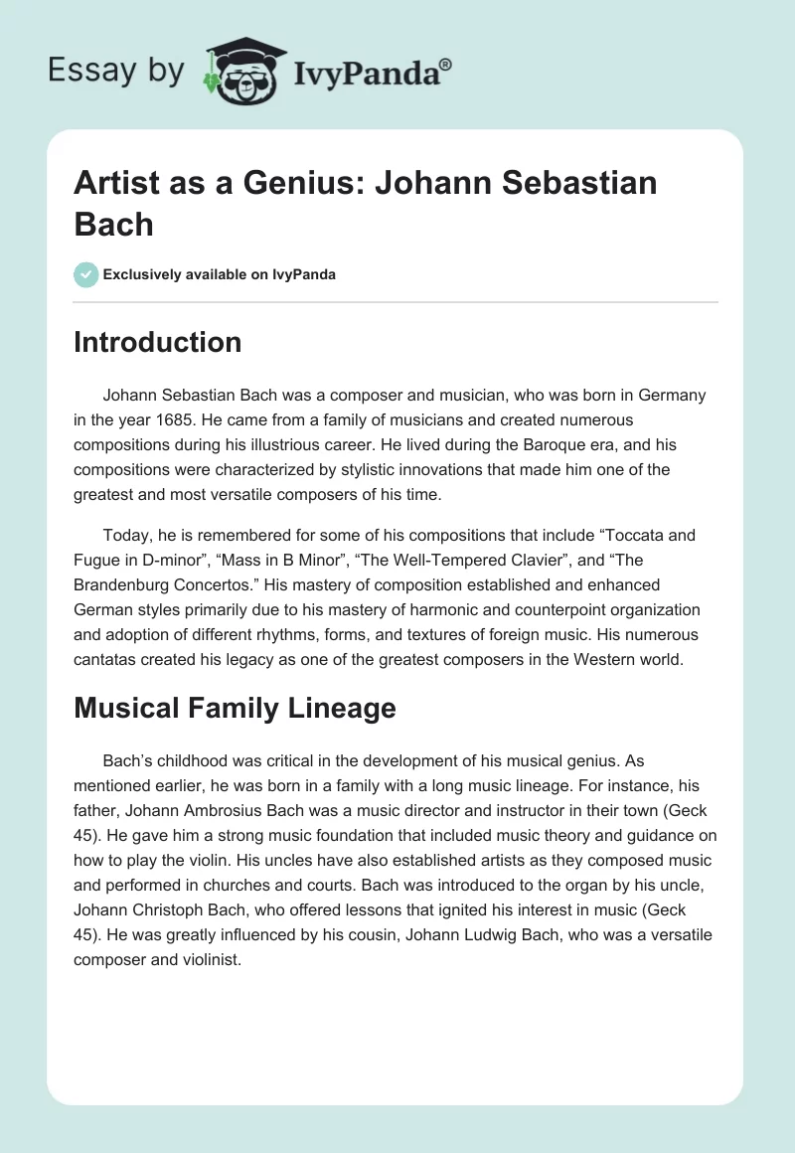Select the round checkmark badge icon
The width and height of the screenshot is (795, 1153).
tap(86, 273)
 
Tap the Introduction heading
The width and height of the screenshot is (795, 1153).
tap(157, 342)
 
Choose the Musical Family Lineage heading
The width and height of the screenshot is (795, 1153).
tap(235, 708)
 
